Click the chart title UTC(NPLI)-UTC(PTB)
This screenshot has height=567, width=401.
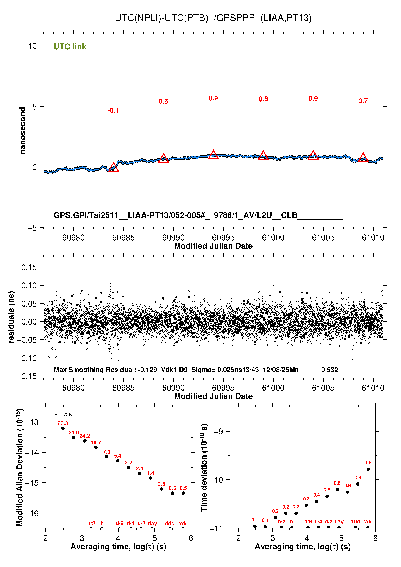(161, 18)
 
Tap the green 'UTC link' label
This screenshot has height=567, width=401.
(70, 47)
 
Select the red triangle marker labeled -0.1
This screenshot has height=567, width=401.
(113, 168)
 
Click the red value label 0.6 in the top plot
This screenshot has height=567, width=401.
(163, 102)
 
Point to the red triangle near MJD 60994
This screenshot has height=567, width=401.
(213, 155)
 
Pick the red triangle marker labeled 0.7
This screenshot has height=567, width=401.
(363, 158)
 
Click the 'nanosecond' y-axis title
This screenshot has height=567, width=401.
(23, 131)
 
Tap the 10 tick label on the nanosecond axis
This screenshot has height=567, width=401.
(32, 46)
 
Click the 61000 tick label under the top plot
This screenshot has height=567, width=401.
(273, 238)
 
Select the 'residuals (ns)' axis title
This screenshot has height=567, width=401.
(11, 317)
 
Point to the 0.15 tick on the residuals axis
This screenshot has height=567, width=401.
(29, 267)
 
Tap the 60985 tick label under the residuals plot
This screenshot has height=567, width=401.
(123, 388)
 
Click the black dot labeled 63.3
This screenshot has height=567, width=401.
(63, 428)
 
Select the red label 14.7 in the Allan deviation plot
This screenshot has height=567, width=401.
(96, 443)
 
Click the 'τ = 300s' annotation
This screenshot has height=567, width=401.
(64, 415)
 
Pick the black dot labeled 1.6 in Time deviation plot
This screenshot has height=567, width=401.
(368, 469)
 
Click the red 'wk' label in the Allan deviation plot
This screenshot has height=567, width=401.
(183, 523)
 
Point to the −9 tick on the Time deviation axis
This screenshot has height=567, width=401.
(218, 432)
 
